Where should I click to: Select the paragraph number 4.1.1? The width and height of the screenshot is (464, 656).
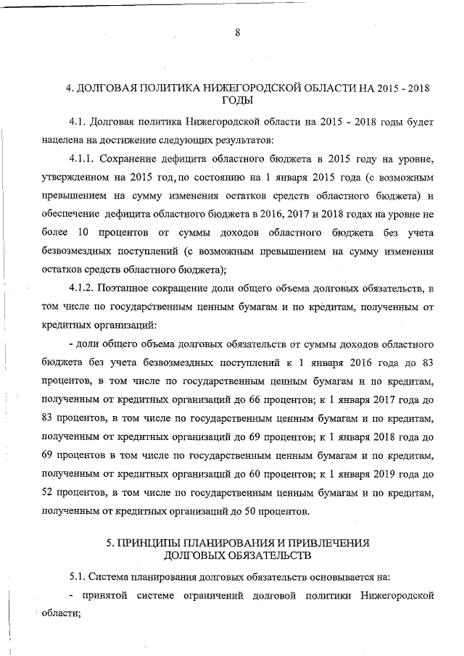pos(81,157)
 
